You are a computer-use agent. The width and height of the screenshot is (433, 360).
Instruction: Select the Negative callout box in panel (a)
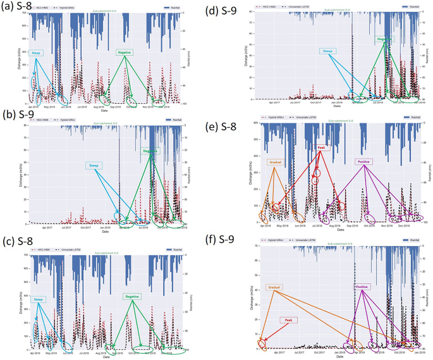[124, 53]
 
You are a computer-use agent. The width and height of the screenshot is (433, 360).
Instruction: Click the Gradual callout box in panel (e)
[276, 162]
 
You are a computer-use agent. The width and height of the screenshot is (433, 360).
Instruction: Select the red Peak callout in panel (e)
[321, 147]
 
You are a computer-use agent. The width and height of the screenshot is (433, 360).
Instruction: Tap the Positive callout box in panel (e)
[364, 162]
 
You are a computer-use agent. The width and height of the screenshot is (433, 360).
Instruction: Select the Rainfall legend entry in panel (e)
[417, 118]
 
